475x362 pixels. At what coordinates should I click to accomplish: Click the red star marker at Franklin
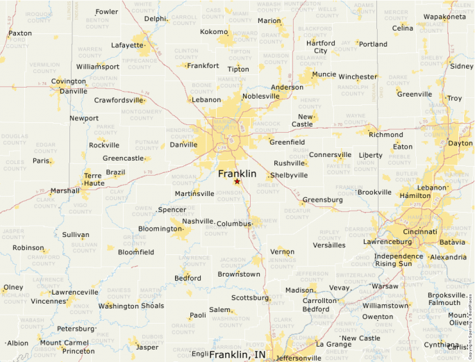[237, 181]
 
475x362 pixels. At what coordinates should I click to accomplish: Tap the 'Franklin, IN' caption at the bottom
[237, 354]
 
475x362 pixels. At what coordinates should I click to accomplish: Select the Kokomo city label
[214, 32]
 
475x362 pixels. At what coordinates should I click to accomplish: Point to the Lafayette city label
[127, 45]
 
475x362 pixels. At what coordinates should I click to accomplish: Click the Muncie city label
[324, 74]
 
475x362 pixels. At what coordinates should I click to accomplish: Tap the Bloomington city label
[160, 229]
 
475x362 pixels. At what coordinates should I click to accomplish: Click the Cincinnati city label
[419, 231]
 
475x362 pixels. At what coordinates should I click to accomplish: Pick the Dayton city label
[460, 143]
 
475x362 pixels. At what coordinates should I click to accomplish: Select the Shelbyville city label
[289, 176]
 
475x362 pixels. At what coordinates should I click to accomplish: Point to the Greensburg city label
[322, 200]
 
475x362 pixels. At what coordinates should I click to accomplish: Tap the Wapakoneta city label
[444, 16]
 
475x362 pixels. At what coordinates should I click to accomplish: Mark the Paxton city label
[20, 33]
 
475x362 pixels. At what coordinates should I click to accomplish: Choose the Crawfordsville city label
[119, 100]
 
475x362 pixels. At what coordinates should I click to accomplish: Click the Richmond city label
[385, 135]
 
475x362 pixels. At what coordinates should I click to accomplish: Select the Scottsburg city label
[249, 297]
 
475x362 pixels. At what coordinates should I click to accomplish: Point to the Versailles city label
[329, 245]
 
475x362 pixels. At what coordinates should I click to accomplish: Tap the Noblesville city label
[260, 96]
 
